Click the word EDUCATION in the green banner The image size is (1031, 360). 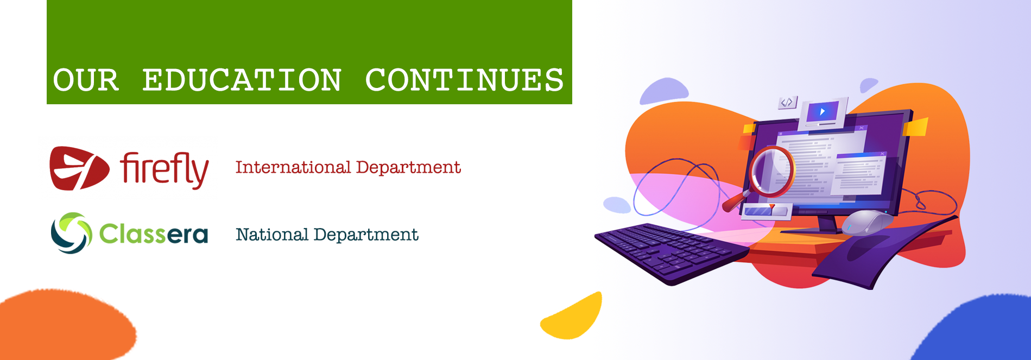(242, 80)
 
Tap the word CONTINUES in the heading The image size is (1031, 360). (465, 80)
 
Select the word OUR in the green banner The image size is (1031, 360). (86, 80)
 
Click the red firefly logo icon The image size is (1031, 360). (79, 168)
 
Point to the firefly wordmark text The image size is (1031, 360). (165, 169)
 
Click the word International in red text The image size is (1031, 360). (293, 167)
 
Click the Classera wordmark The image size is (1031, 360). (154, 233)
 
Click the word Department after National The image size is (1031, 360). (366, 235)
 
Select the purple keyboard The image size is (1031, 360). (672, 252)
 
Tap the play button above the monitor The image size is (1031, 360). (823, 112)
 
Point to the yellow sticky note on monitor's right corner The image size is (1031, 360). (915, 128)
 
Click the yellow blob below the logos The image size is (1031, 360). (572, 317)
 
